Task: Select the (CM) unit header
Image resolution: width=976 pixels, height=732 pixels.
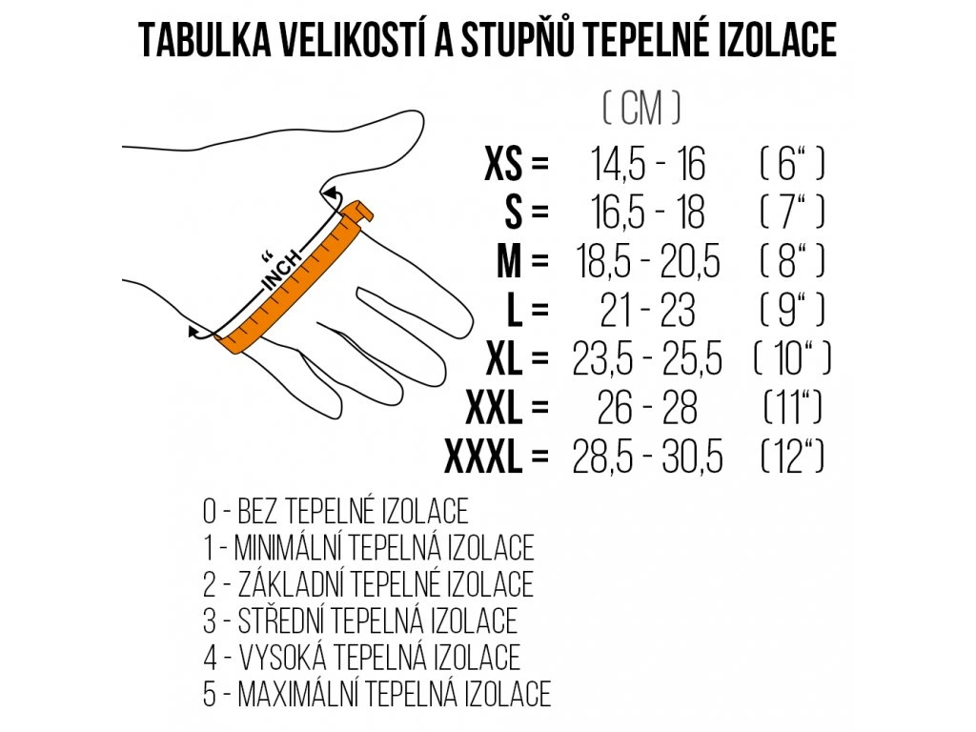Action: coord(641,110)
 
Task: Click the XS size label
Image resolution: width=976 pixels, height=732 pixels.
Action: coord(504,165)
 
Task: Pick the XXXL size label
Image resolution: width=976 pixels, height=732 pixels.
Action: coord(484,459)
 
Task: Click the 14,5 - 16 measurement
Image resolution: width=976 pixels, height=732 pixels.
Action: coord(648,165)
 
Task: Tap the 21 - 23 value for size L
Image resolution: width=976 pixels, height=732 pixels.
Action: coord(648,312)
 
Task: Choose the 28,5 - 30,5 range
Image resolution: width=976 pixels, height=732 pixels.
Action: coord(648,459)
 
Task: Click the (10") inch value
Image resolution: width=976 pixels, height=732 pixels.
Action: coord(792,360)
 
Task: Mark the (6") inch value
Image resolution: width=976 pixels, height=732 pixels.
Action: coord(792,165)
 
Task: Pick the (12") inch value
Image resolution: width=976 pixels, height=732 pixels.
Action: coord(792,459)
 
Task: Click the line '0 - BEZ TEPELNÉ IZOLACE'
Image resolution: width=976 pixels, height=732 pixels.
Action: coord(335,512)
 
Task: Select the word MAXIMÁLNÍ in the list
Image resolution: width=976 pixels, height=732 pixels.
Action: coord(299,693)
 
